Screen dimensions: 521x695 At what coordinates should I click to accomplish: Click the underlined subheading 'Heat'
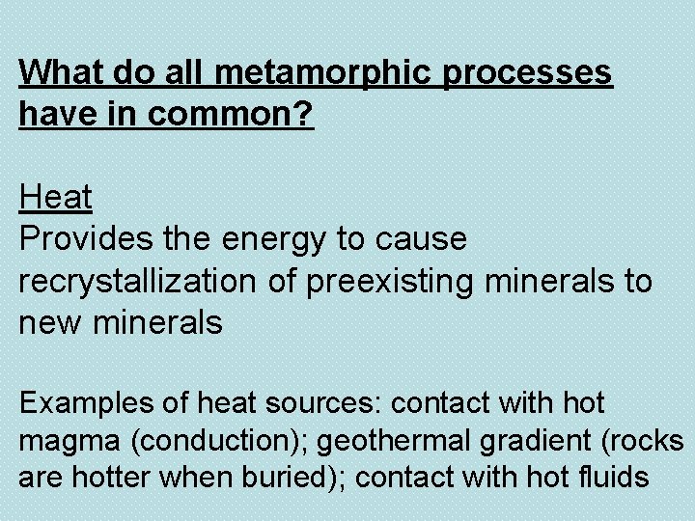coord(55,198)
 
